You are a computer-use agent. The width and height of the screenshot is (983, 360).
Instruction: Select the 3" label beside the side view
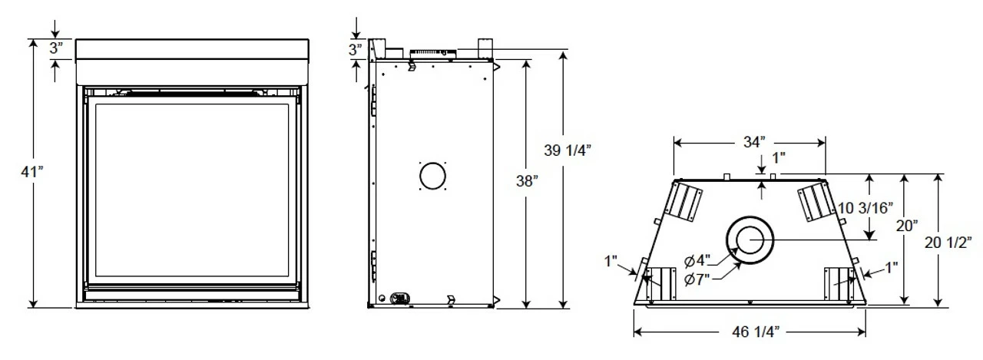point(355,51)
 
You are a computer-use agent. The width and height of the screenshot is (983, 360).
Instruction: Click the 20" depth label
point(906,226)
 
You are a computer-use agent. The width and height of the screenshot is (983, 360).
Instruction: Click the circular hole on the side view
point(432,176)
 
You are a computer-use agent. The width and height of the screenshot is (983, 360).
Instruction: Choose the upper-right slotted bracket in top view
point(814,201)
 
